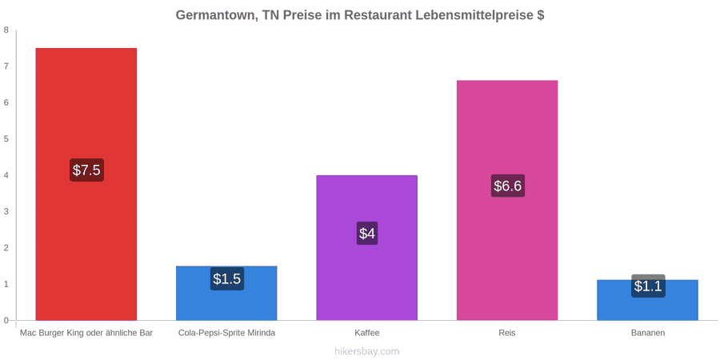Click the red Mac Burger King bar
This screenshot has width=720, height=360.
click(86, 184)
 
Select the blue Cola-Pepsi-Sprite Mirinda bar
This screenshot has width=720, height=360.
click(227, 293)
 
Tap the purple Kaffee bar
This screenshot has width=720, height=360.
click(367, 248)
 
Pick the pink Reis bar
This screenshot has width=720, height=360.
click(507, 200)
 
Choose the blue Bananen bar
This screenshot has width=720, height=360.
click(647, 300)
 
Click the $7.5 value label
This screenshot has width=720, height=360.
click(86, 170)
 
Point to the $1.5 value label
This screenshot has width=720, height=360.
click(227, 278)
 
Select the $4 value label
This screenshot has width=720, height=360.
click(367, 234)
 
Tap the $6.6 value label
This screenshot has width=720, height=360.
click(507, 186)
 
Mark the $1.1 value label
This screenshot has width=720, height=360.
click(648, 286)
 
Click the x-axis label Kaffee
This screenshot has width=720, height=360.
click(367, 333)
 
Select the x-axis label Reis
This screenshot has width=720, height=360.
click(507, 333)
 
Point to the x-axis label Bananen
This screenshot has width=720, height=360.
click(647, 333)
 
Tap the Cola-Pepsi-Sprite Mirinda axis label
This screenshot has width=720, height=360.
click(227, 333)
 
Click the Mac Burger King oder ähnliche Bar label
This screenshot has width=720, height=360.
click(86, 333)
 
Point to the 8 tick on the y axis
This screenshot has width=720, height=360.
click(6, 30)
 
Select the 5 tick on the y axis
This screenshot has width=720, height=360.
click(6, 139)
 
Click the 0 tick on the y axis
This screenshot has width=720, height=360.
click(6, 321)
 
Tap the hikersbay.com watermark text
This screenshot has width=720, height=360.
click(360, 351)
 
